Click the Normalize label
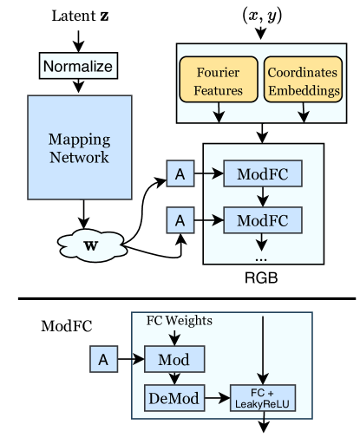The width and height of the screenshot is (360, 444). [x=77, y=66]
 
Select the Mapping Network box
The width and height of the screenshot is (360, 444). [x=79, y=147]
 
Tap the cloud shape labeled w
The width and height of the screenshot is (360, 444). [x=91, y=245]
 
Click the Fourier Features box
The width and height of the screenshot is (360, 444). [x=218, y=80]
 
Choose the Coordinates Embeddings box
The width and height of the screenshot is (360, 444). [x=303, y=80]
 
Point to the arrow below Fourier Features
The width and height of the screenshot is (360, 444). [x=218, y=112]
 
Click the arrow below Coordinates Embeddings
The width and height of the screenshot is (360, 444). [x=303, y=112]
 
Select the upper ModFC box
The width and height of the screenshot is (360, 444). [x=262, y=173]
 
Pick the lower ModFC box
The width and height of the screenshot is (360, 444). [x=262, y=220]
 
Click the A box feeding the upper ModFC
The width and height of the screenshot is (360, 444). [x=180, y=173]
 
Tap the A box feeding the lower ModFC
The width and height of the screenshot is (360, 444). [x=180, y=220]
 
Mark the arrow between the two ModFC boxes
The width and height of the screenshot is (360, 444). [x=262, y=197]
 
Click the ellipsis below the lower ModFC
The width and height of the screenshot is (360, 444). [x=261, y=257]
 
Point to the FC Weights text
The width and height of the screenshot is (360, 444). [x=179, y=321]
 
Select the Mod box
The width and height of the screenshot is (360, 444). [x=174, y=358]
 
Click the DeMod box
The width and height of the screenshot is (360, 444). [x=173, y=399]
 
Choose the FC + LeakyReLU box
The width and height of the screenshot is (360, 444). [x=262, y=398]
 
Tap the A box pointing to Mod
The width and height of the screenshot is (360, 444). [x=103, y=358]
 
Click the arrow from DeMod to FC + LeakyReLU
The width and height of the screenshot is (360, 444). [x=217, y=399]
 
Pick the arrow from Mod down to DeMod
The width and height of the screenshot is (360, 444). [x=174, y=378]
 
